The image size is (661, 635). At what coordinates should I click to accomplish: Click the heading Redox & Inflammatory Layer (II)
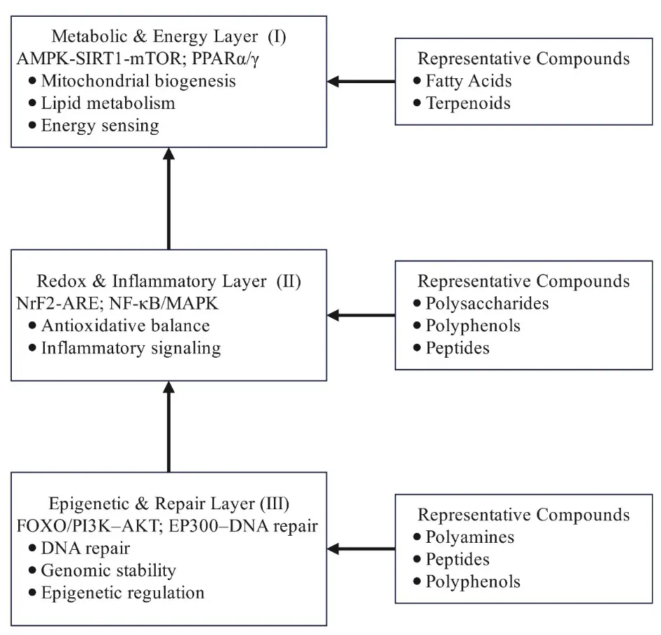tap(168, 282)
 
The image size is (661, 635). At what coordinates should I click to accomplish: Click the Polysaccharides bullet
tap(487, 304)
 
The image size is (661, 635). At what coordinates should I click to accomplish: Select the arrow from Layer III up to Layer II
tap(168, 426)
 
